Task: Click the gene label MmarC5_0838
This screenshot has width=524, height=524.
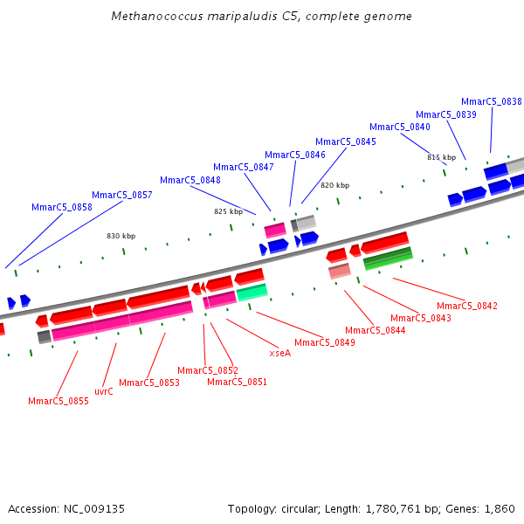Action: click(492, 101)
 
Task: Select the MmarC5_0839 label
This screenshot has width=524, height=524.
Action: click(446, 114)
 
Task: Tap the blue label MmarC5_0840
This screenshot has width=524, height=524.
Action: click(400, 127)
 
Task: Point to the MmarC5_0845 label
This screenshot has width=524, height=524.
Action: click(346, 141)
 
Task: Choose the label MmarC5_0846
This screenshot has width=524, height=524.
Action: click(295, 155)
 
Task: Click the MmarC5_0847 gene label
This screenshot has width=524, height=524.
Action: click(244, 167)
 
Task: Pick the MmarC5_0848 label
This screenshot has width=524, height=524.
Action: click(190, 180)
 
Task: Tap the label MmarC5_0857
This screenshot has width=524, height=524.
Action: click(122, 195)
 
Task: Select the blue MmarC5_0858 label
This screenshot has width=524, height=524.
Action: click(62, 207)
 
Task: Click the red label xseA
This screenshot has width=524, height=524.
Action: click(280, 353)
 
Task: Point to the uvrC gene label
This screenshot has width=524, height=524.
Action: click(104, 391)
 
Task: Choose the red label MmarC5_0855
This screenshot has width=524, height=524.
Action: click(59, 401)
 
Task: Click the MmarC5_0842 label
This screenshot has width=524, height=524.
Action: click(467, 306)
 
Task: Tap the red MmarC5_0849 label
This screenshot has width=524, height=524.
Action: click(325, 342)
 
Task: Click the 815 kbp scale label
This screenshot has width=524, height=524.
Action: click(442, 157)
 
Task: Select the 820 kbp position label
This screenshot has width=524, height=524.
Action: click(334, 185)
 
